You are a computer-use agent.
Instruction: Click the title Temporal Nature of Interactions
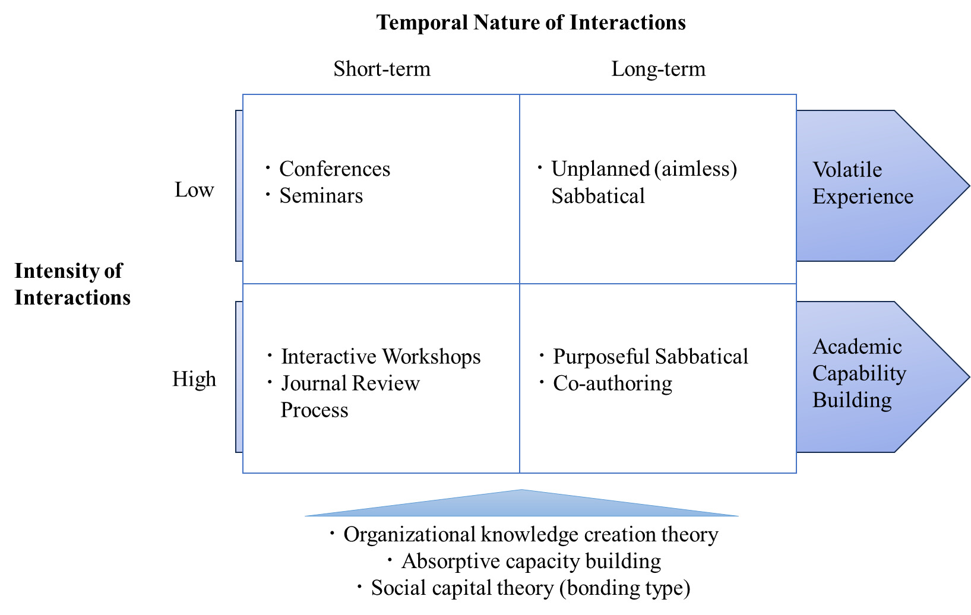click(x=531, y=23)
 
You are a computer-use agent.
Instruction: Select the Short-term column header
click(x=382, y=69)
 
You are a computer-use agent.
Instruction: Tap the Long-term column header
click(x=658, y=69)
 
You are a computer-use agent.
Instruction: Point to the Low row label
click(x=194, y=190)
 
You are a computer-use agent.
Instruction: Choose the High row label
click(x=194, y=379)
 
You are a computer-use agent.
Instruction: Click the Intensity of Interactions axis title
click(x=72, y=284)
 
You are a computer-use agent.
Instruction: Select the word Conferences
click(x=334, y=169)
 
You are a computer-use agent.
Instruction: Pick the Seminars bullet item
click(x=321, y=196)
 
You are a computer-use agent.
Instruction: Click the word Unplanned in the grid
click(x=600, y=169)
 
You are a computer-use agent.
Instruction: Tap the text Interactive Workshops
click(x=381, y=357)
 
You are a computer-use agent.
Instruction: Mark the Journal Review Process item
click(x=350, y=396)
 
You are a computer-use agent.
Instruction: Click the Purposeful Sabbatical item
click(x=650, y=357)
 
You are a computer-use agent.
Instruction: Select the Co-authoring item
click(x=612, y=383)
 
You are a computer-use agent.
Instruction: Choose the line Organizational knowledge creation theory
click(x=530, y=535)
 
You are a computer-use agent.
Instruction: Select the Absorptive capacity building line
click(x=531, y=562)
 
